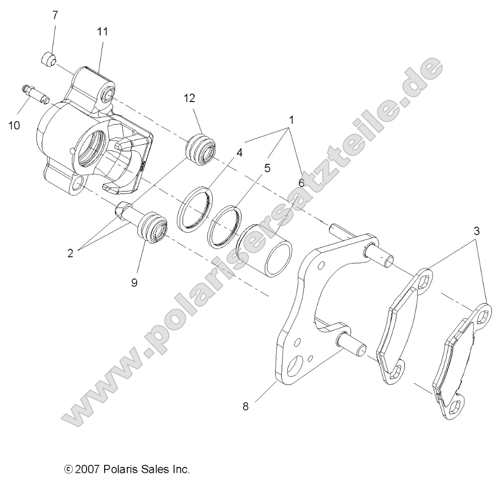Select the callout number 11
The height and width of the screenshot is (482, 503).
point(103,31)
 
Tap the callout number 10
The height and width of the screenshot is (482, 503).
point(14,125)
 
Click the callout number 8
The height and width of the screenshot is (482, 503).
point(245,407)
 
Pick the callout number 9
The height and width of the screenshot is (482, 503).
point(134,282)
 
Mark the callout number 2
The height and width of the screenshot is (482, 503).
point(70,253)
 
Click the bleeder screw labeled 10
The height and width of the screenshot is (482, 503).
point(36,94)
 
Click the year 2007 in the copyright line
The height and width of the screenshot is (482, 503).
point(89,470)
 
